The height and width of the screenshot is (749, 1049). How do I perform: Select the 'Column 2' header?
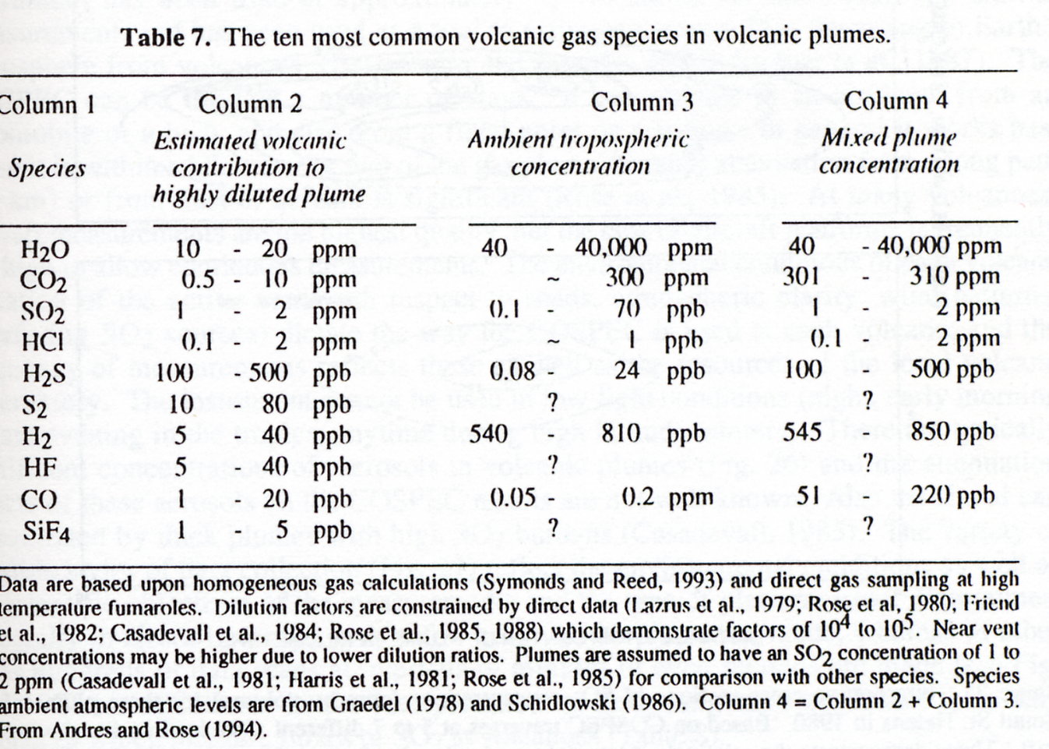pyautogui.click(x=250, y=104)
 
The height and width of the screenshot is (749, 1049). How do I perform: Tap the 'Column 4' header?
pyautogui.click(x=896, y=101)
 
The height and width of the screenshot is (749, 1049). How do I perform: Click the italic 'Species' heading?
pyautogui.click(x=47, y=168)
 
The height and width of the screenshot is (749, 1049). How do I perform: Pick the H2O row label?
pyautogui.click(x=45, y=250)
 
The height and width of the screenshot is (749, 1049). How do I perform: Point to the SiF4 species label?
pyautogui.click(x=47, y=532)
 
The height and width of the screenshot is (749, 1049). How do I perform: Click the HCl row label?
pyautogui.click(x=42, y=342)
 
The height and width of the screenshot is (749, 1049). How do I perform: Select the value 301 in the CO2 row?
pyautogui.click(x=801, y=277)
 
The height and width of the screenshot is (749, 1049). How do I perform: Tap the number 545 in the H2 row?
pyautogui.click(x=802, y=432)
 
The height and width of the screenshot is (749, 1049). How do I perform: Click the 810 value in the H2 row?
pyautogui.click(x=621, y=433)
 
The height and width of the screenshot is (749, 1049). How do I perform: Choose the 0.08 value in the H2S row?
pyautogui.click(x=512, y=372)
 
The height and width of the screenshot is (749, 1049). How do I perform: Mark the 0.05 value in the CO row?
pyautogui.click(x=512, y=496)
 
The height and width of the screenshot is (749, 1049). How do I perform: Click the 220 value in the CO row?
pyautogui.click(x=930, y=496)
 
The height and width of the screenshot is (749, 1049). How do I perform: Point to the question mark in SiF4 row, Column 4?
pyautogui.click(x=868, y=526)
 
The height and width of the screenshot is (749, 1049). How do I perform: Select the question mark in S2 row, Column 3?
pyautogui.click(x=553, y=402)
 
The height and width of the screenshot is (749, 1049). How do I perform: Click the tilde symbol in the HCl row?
pyautogui.click(x=553, y=342)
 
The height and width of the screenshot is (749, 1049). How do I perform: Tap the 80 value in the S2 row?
pyautogui.click(x=275, y=404)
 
